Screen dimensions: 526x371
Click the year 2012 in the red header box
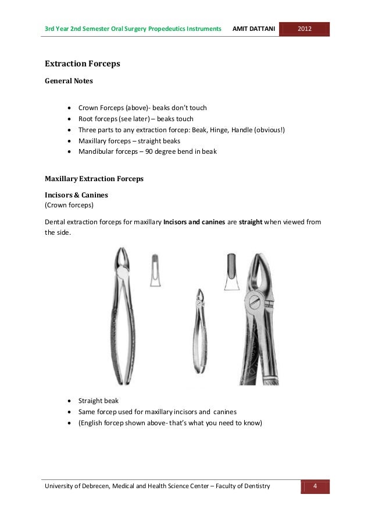(305, 29)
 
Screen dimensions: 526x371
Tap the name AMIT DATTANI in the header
(254, 29)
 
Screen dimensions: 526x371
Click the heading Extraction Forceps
(83, 63)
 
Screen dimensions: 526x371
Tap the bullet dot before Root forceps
(70, 119)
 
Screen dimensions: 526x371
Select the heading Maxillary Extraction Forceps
(94, 179)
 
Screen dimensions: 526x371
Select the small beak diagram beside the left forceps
(155, 270)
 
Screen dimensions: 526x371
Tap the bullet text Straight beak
(99, 401)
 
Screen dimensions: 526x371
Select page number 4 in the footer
(315, 486)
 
